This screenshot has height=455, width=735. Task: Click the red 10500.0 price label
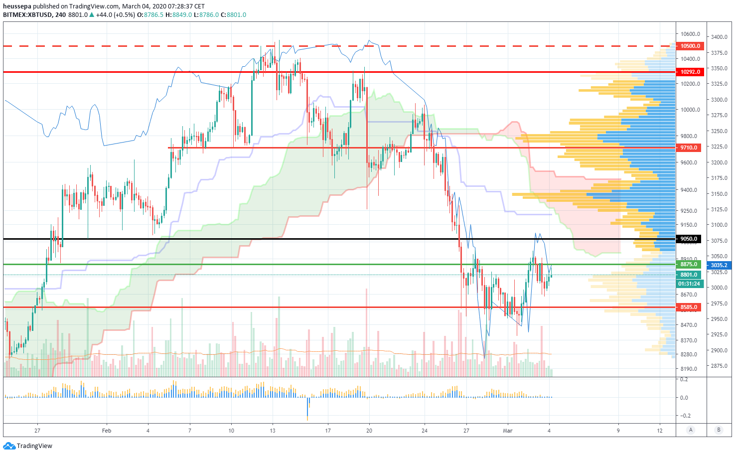(x=690, y=46)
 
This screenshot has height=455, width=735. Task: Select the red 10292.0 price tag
(x=690, y=72)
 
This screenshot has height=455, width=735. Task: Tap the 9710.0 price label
(x=689, y=148)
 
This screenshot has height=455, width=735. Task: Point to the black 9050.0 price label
(x=689, y=239)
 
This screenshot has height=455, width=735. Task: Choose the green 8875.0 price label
(x=689, y=264)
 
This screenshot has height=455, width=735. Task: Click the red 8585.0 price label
(x=689, y=307)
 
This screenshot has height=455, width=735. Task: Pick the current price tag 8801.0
(x=689, y=275)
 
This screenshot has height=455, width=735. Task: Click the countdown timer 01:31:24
(x=689, y=284)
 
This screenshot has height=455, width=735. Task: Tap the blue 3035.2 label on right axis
(x=719, y=265)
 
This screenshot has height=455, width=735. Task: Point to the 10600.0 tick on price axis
(x=690, y=34)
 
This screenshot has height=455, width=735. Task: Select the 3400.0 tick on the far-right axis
(x=719, y=37)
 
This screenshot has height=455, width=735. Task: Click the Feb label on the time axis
(x=106, y=431)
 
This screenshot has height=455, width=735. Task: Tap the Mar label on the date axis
(x=508, y=431)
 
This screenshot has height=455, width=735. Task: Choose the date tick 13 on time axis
(x=273, y=431)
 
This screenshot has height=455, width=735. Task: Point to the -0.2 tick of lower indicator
(x=685, y=416)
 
